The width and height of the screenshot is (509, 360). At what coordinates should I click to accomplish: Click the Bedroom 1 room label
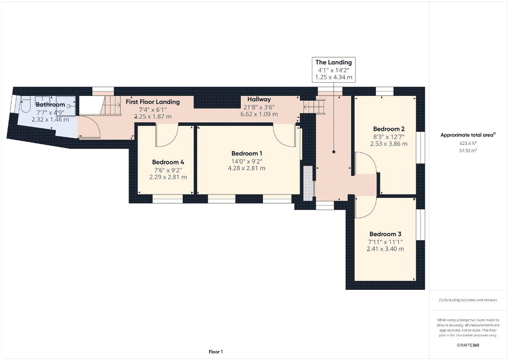tap(247, 153)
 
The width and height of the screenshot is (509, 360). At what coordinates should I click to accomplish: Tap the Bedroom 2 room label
tap(388, 129)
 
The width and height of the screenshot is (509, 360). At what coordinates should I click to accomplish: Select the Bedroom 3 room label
tap(385, 234)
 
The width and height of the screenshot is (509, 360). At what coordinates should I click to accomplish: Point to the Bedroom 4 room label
tap(168, 162)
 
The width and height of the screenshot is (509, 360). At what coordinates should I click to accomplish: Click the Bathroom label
tap(50, 104)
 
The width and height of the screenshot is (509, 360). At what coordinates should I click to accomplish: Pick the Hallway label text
tap(259, 99)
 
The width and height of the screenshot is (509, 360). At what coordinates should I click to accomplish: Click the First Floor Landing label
tap(153, 102)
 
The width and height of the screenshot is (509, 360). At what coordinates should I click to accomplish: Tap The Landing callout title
tap(334, 62)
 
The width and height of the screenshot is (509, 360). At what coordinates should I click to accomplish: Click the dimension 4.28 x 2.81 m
tap(247, 168)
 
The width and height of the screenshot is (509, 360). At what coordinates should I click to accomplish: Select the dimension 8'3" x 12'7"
tap(388, 137)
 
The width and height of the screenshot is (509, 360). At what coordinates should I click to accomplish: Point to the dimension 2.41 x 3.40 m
tap(385, 249)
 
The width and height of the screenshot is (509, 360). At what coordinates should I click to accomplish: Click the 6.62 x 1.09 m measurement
tap(259, 114)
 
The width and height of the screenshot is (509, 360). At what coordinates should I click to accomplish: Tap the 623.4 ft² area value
tap(468, 143)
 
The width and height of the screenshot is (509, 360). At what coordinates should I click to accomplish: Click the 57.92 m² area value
tap(468, 151)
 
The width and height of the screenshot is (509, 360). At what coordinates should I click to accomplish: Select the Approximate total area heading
tap(468, 135)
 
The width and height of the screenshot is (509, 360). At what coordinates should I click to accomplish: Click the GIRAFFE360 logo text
tap(468, 345)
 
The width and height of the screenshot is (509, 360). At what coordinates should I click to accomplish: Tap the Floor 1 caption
tap(216, 352)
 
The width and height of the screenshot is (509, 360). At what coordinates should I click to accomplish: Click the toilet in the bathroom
tap(25, 104)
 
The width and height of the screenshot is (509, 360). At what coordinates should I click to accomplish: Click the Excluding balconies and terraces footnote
tap(468, 300)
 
